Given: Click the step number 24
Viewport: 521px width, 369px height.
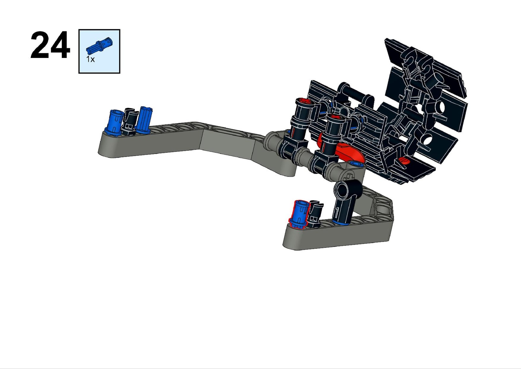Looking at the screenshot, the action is coord(50,45).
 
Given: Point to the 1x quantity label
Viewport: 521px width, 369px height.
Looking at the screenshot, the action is coord(91,59).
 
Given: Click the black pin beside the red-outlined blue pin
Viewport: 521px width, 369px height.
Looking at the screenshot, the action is coord(315,214).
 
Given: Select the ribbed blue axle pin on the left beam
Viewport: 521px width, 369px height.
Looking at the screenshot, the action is coord(144,120).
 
